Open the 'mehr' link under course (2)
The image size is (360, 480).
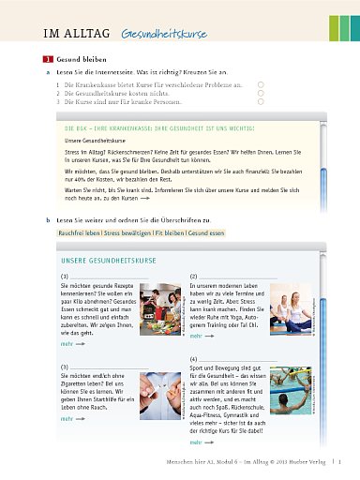coord(196,336)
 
